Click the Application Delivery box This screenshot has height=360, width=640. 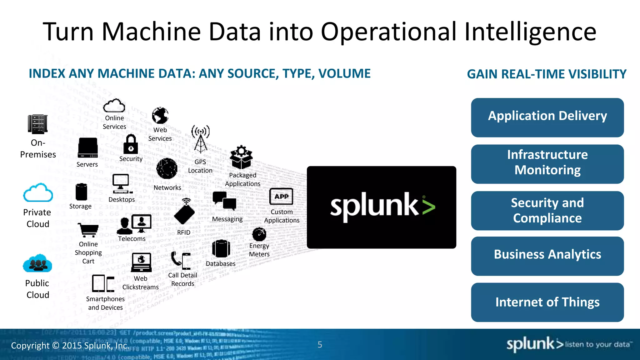click(x=547, y=117)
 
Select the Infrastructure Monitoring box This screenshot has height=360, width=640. click(x=547, y=164)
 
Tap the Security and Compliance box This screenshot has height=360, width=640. click(x=547, y=211)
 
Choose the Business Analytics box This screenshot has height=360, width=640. click(x=547, y=256)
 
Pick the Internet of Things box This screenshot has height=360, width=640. click(x=547, y=302)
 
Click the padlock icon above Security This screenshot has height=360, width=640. click(x=131, y=144)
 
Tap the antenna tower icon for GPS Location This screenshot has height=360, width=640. click(x=200, y=139)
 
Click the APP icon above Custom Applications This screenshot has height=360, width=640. click(x=281, y=197)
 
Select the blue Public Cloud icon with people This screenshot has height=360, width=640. click(x=37, y=263)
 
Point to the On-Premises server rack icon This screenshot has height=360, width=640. click(x=37, y=124)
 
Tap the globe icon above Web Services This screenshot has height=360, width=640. click(x=160, y=116)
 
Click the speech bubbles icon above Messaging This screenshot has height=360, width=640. click(x=224, y=201)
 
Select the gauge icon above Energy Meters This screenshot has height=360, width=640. click(x=259, y=234)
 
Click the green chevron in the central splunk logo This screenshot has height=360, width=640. click(x=428, y=207)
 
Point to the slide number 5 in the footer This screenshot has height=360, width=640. click(x=320, y=345)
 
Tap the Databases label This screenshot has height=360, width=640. click(x=221, y=264)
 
